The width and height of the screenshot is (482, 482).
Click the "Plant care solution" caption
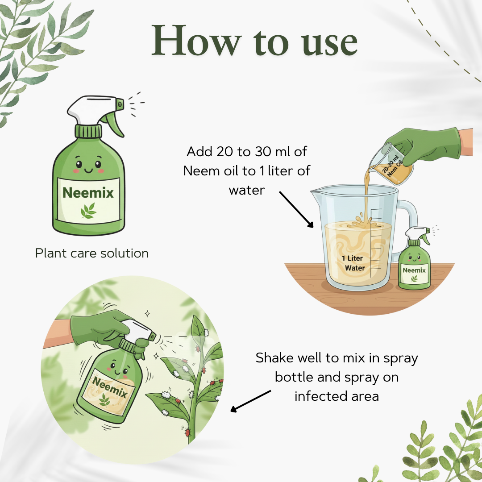click(92, 253)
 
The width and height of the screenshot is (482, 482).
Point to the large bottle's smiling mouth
click(88, 170)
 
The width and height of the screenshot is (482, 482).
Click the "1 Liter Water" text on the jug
click(354, 263)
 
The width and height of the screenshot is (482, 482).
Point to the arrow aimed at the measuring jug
click(296, 209)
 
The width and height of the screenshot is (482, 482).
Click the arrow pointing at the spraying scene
click(250, 401)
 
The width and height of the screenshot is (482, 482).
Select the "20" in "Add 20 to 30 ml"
click(225, 152)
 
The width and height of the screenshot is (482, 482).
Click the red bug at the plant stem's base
click(187, 432)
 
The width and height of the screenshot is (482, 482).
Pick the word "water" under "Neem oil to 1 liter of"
click(246, 190)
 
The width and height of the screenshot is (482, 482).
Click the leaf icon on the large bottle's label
click(88, 211)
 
